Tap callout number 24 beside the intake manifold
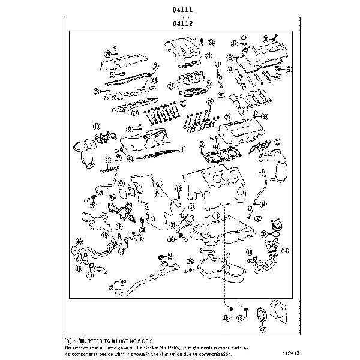click(212, 43)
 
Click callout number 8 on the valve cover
click(229, 58)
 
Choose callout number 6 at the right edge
click(288, 70)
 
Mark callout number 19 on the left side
click(95, 126)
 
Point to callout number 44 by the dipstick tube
click(263, 205)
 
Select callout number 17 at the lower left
click(89, 277)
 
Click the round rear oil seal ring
click(262, 316)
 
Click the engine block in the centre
click(219, 183)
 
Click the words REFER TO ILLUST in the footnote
click(117, 340)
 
